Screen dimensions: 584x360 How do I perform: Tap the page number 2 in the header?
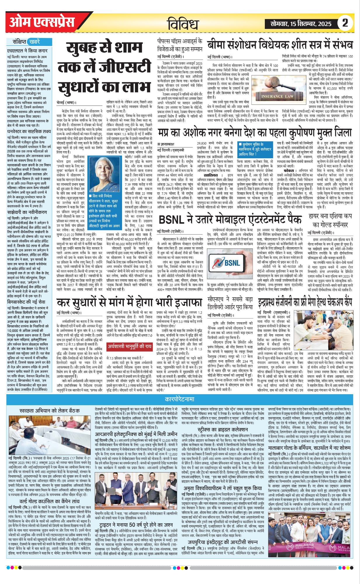coord(345,23)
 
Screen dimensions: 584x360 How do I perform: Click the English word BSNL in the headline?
coord(173,220)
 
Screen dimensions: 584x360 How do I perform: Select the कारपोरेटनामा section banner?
coord(179,399)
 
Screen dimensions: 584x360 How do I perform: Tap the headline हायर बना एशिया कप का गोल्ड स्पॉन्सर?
coord(328,221)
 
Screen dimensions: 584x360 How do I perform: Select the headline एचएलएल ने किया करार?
coord(27,50)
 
